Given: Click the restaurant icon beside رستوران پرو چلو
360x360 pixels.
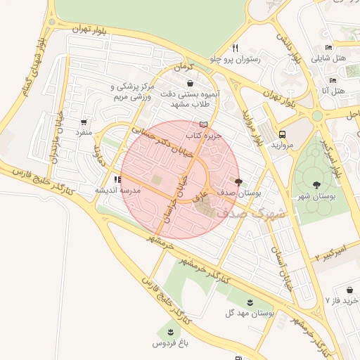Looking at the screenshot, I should pyautogui.click(x=236, y=49).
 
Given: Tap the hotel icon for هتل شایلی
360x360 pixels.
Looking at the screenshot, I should pyautogui.click(x=328, y=47).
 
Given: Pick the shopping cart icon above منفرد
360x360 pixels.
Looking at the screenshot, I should pyautogui.click(x=85, y=122).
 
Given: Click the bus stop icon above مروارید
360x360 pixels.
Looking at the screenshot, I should pyautogui.click(x=282, y=134).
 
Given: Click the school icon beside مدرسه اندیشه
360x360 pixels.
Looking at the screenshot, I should pyautogui.click(x=117, y=180).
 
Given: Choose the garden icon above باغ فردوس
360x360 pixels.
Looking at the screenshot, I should pyautogui.click(x=169, y=332).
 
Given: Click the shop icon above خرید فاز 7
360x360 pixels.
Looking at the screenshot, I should pyautogui.click(x=349, y=290).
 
